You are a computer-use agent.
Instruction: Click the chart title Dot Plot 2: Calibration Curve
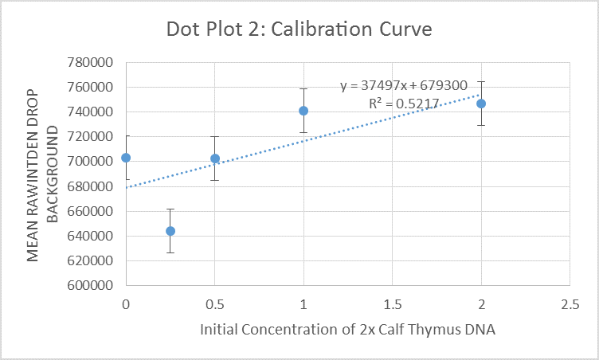click(299, 29)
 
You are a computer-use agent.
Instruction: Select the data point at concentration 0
click(126, 158)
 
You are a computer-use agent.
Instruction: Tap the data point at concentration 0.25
click(170, 231)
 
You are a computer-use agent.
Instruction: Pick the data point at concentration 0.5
click(215, 158)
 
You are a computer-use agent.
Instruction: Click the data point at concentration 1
click(303, 111)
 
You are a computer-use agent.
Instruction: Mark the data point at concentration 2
click(481, 104)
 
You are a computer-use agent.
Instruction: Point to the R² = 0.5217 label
click(405, 104)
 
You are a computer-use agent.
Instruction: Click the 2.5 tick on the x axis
click(570, 304)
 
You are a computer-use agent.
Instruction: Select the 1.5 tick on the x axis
click(392, 304)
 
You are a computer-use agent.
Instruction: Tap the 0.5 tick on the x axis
click(214, 304)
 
